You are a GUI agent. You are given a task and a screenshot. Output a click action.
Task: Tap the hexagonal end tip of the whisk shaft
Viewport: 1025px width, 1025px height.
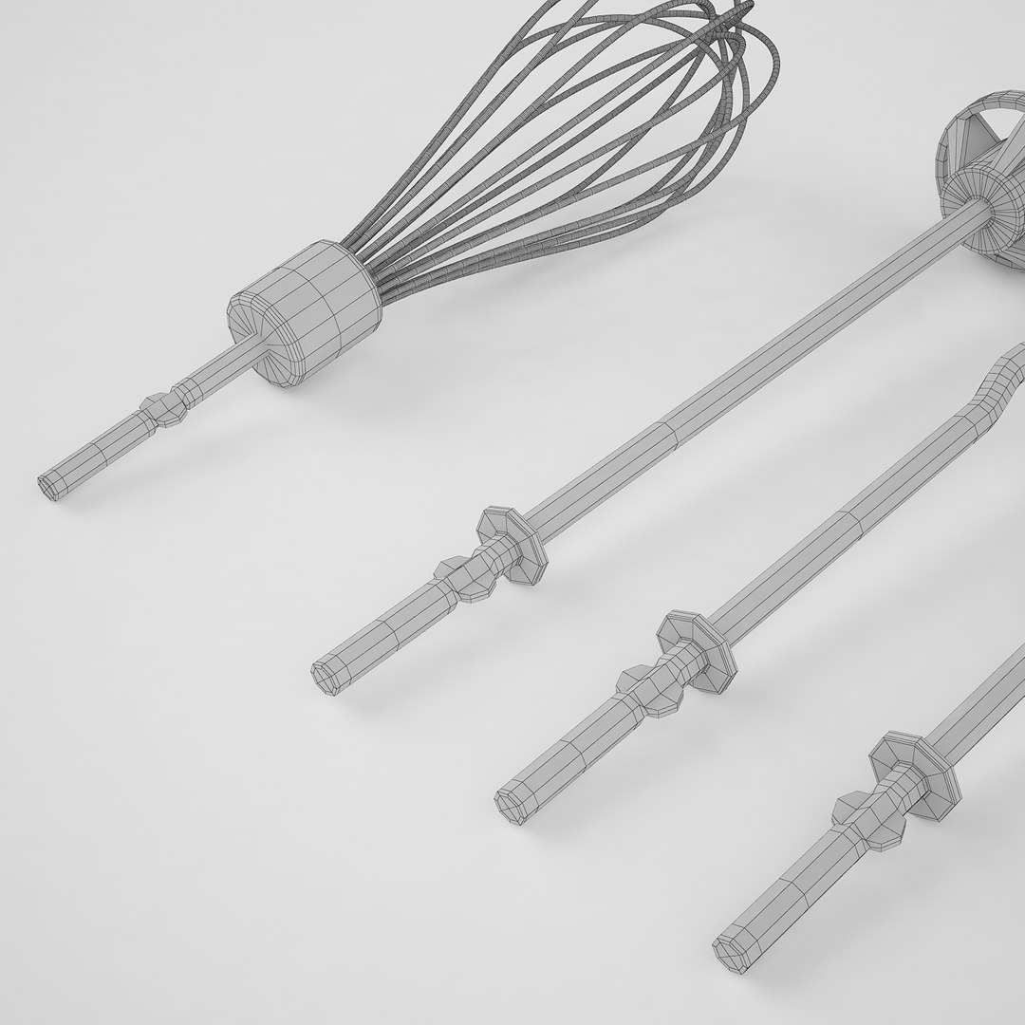coord(47,487)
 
